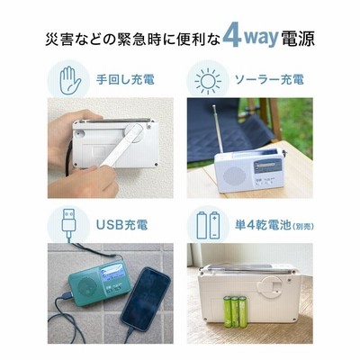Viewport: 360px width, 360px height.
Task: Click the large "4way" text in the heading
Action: (x=251, y=37)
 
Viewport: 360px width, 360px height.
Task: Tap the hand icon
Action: (x=70, y=81)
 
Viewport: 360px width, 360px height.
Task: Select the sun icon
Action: (x=208, y=81)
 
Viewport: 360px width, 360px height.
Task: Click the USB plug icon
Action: (x=69, y=223)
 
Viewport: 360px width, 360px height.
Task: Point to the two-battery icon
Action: (x=208, y=225)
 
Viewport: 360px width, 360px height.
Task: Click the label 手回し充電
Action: (x=125, y=80)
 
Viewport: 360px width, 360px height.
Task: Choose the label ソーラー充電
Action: (x=269, y=80)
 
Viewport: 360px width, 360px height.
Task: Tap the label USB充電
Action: (x=122, y=225)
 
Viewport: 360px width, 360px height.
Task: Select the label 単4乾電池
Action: (x=263, y=225)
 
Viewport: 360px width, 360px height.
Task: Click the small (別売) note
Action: (x=303, y=226)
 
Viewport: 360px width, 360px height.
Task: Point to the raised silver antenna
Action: (x=219, y=130)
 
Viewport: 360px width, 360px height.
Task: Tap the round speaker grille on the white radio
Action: (x=234, y=176)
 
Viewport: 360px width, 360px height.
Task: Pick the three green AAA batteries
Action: (x=236, y=311)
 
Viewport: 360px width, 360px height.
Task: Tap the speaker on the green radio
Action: (x=85, y=287)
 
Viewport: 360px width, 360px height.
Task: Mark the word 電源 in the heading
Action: (x=298, y=39)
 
